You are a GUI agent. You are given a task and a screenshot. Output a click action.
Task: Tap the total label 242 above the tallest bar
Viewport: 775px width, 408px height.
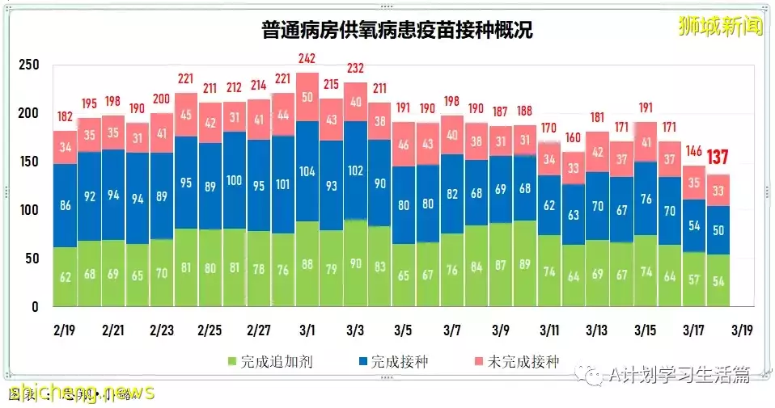coord(307,59)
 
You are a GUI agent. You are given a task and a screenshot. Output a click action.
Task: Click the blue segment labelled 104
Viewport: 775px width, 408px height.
coord(307,171)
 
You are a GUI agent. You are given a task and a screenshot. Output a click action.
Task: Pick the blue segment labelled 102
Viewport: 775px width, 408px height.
coord(355,171)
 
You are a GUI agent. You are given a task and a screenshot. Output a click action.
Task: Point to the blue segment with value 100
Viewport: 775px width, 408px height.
coord(234,180)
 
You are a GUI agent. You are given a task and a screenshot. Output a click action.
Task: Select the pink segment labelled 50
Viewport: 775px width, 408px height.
coord(307,97)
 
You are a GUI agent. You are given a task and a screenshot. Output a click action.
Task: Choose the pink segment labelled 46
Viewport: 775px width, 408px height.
coord(404,145)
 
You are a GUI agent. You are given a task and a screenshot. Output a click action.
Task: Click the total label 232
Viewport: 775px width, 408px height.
coord(355,67)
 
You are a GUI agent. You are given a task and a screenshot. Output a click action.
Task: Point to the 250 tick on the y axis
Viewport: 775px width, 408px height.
coord(28,65)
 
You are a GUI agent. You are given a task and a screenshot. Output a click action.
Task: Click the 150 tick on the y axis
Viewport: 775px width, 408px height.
coord(28,162)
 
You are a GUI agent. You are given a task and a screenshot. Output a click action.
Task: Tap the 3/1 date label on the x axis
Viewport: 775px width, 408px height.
coord(307,331)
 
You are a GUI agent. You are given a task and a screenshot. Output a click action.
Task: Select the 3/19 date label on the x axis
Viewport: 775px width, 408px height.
coord(743,331)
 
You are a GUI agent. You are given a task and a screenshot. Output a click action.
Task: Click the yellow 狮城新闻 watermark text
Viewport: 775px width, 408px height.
coord(721,26)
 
